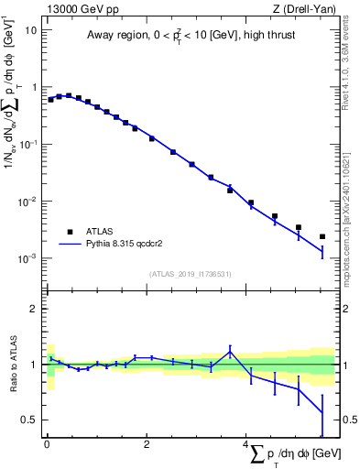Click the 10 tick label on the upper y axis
coord(31,29)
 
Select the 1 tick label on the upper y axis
coord(34,87)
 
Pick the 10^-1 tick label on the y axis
coord(29,144)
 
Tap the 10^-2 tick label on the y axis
coord(29,201)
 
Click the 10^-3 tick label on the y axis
coord(29,258)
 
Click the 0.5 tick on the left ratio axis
coord(30,420)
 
